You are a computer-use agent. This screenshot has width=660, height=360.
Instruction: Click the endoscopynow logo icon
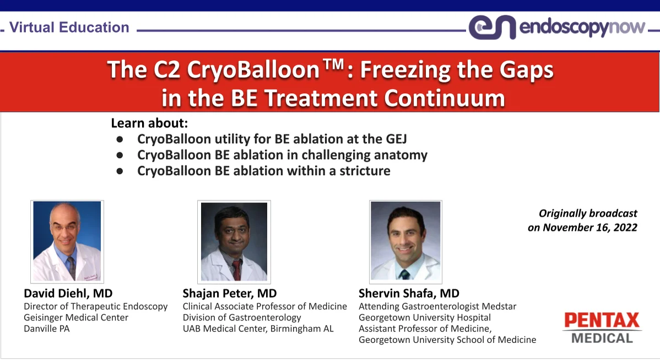(492, 28)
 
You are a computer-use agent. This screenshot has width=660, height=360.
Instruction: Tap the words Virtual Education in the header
(69, 28)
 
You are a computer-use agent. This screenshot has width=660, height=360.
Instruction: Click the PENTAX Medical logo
(602, 327)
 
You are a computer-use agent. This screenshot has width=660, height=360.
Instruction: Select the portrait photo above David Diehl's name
(67, 241)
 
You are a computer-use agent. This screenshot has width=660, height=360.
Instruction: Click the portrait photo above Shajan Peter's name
(234, 241)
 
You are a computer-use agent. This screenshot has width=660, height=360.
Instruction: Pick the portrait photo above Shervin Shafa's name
(405, 241)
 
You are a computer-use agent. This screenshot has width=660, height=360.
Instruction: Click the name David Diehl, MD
(68, 293)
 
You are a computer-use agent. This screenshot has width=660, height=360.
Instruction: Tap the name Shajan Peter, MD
(230, 293)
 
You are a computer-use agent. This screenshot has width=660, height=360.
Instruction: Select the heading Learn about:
(149, 123)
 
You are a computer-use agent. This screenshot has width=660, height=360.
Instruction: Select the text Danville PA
(47, 329)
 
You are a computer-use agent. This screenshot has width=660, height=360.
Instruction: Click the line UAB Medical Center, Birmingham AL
(258, 329)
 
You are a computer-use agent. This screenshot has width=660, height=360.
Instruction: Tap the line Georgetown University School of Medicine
(447, 340)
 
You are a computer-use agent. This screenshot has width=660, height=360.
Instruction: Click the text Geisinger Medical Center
(76, 318)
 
